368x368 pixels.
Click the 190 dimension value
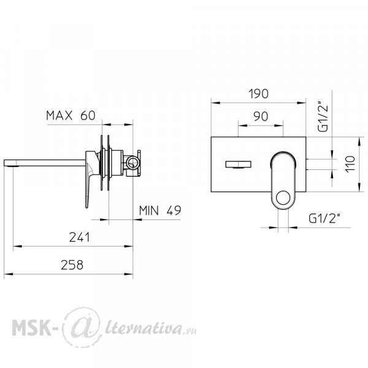[258, 94]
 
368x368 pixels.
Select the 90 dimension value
[261, 117]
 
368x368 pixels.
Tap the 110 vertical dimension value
[350, 164]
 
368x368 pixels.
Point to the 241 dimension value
[80, 237]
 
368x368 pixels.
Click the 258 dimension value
[72, 265]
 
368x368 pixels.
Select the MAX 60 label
[71, 115]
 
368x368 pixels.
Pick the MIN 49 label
[160, 210]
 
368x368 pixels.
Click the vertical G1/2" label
[323, 117]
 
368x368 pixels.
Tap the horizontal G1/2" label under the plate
[324, 219]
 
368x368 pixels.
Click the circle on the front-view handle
[283, 197]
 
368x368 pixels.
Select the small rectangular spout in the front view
[238, 164]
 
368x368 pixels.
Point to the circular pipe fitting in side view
[132, 163]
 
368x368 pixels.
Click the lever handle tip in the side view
[86, 206]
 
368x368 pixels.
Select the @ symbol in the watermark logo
[82, 326]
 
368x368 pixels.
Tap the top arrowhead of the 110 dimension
[359, 142]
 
